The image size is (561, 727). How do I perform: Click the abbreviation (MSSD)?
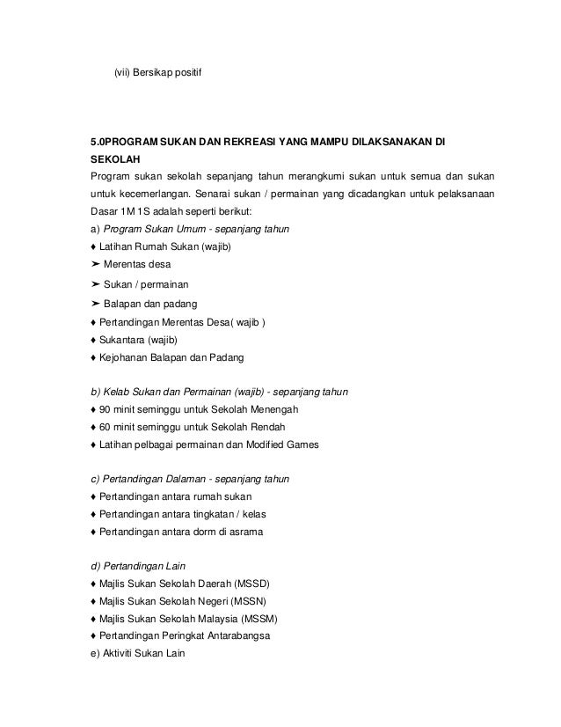(247, 584)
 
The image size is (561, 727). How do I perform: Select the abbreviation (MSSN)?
(245, 601)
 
